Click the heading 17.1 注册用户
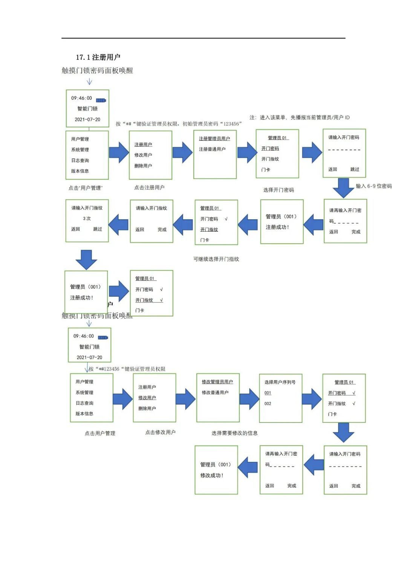[x=98, y=57]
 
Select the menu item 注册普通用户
[x=212, y=149]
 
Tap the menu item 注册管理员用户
[x=214, y=139]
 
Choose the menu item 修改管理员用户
[x=217, y=382]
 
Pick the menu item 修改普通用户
[x=215, y=392]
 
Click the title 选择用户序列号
[x=280, y=382]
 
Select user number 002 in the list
[x=268, y=403]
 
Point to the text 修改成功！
[x=212, y=475]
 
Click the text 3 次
[x=87, y=218]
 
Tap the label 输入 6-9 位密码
[x=373, y=186]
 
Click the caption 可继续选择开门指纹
[x=216, y=259]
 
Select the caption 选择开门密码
[x=278, y=190]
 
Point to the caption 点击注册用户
[x=149, y=188]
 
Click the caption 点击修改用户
[x=160, y=432]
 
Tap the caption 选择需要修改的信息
[x=234, y=433]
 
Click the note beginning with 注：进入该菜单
[x=300, y=117]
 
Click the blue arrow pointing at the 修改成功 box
[x=248, y=467]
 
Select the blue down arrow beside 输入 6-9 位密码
[x=343, y=188]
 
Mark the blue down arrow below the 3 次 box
[x=86, y=259]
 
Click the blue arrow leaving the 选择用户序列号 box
[x=312, y=399]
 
